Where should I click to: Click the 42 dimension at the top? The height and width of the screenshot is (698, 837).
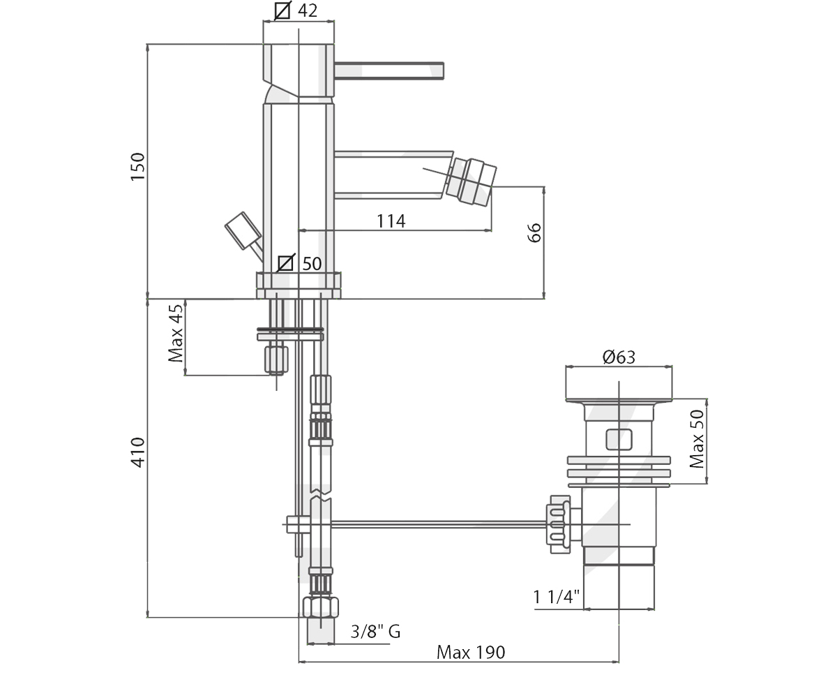pos(308,10)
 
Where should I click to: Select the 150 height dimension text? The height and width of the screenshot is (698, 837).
pos(137,167)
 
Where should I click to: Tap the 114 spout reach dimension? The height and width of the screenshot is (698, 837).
pos(391,221)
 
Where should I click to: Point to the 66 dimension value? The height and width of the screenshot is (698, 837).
pos(534,232)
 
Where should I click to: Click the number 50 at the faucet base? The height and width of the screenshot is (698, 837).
pos(312,264)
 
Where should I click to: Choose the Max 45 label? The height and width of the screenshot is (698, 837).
pos(176,334)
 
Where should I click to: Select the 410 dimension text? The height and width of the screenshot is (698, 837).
pos(137,452)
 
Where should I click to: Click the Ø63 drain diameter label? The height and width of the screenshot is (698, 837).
pos(619,357)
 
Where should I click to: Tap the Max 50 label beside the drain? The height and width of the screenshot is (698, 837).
pos(697,439)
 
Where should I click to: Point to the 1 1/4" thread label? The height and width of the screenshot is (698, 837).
pos(557,597)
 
